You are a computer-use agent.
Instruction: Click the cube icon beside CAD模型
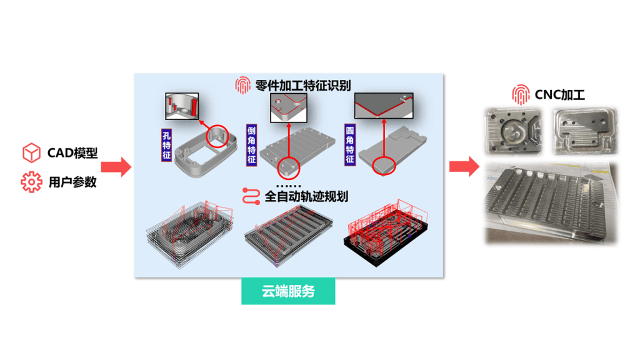(31, 152)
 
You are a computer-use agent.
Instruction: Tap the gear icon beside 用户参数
(31, 182)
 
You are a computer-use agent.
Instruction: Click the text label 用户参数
(72, 183)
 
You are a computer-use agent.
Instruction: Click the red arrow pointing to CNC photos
(464, 167)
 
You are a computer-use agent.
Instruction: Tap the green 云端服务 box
(288, 292)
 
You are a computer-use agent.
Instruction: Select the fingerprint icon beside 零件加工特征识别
(242, 85)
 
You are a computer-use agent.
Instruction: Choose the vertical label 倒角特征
(251, 144)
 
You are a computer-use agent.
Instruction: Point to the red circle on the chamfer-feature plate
(289, 167)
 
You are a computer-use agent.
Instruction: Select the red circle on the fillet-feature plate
(384, 166)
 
